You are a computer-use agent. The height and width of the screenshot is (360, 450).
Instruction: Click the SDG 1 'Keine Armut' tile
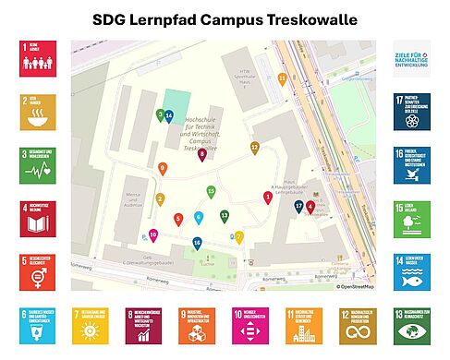point(37,58)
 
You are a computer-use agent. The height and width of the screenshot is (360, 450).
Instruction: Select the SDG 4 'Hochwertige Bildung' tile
point(37,219)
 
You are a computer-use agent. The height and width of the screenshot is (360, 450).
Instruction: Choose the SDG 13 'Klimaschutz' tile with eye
point(411,326)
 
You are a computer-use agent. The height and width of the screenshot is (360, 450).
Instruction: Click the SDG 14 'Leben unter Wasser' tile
point(411,271)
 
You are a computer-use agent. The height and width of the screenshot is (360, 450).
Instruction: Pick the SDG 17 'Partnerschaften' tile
point(411,112)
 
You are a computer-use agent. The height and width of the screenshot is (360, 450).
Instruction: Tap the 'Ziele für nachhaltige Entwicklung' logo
point(411,58)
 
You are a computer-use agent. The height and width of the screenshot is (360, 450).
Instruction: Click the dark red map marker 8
point(202,154)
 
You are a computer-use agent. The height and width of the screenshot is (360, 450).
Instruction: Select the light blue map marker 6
point(199,218)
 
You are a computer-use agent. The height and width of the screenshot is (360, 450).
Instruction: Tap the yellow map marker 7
point(238,237)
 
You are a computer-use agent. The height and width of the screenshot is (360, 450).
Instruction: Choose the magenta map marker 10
point(153,236)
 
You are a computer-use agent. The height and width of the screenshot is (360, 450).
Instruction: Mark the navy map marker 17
point(298,207)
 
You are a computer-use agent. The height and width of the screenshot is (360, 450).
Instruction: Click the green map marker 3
point(160,115)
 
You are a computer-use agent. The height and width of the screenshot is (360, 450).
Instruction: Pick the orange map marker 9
point(163,168)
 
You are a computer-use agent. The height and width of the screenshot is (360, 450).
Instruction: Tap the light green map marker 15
point(212,192)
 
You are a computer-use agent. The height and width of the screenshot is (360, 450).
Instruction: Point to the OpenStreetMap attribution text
point(356,286)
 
